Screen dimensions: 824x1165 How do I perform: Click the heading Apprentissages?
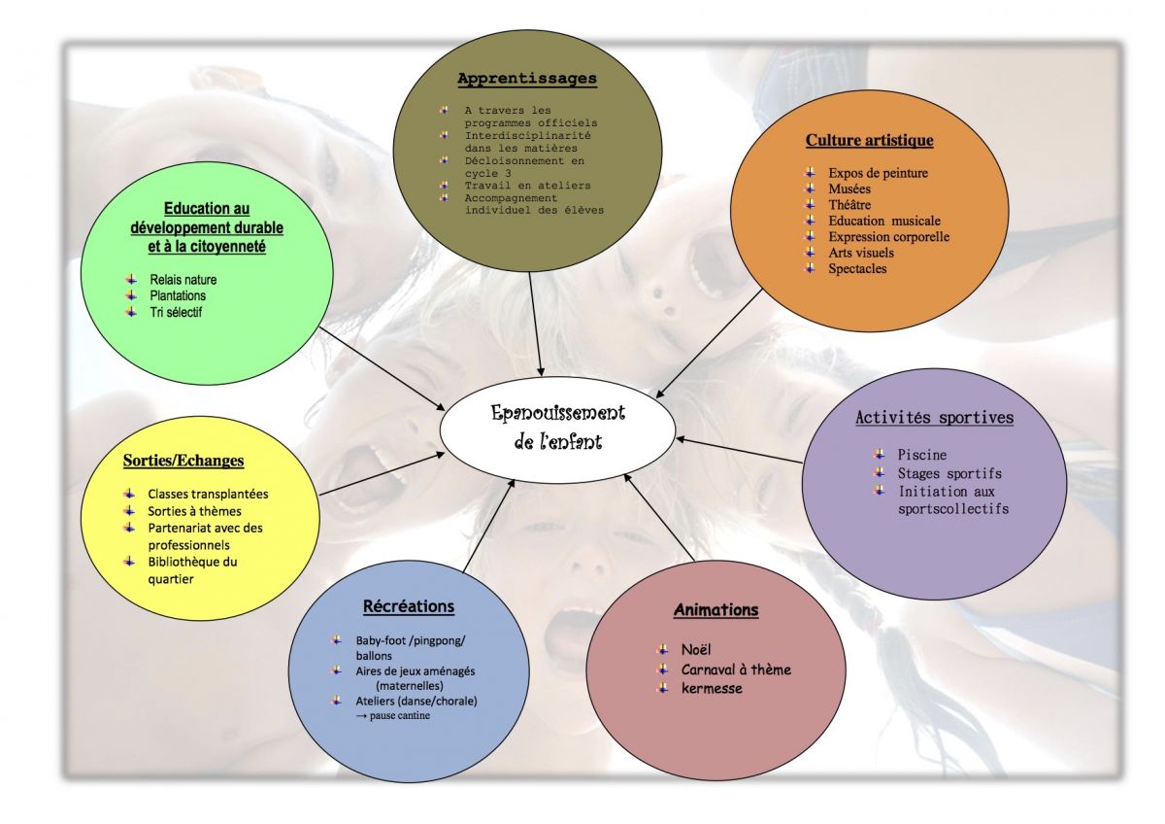[x=527, y=79]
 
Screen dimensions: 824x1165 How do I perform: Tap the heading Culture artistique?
[x=869, y=140]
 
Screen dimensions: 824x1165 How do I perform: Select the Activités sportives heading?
[x=934, y=418]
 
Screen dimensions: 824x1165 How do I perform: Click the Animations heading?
[x=716, y=610]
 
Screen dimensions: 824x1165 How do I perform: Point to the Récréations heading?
[x=408, y=606]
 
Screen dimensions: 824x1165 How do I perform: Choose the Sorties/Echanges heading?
[x=183, y=460]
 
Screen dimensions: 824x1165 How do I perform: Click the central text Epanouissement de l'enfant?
[x=557, y=427]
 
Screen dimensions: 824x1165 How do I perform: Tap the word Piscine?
[x=921, y=455]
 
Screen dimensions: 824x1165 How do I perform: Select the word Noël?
[x=696, y=649]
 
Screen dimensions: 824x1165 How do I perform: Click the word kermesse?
[x=712, y=688]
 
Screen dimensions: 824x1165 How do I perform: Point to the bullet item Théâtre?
[x=849, y=205]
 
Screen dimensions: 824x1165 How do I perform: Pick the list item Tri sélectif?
[x=176, y=312]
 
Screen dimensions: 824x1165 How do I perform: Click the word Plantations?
[x=178, y=295]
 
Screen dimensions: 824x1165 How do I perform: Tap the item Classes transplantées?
[x=208, y=494]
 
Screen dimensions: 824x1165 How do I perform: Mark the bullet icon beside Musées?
[x=810, y=189]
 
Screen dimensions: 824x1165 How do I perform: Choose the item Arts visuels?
[x=861, y=253]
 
